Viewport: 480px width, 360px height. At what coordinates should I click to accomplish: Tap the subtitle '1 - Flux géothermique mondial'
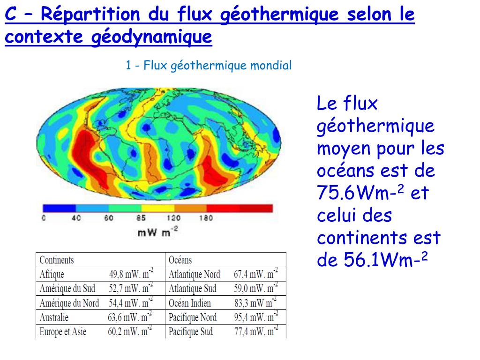[x=209, y=65]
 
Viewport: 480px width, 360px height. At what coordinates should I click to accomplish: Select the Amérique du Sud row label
[x=67, y=288]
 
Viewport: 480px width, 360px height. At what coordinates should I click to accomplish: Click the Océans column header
[x=180, y=260]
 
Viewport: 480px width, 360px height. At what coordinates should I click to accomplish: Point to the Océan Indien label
[x=190, y=303]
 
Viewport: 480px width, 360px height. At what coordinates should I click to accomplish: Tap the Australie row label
[x=54, y=317]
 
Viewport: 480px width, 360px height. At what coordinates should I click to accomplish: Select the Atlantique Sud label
[x=193, y=288]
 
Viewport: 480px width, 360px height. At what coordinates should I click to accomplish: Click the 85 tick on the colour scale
[x=141, y=218]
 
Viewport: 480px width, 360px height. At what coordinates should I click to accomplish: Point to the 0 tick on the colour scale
[x=44, y=218]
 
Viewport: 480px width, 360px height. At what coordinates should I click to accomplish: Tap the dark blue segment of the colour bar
[x=59, y=208]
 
